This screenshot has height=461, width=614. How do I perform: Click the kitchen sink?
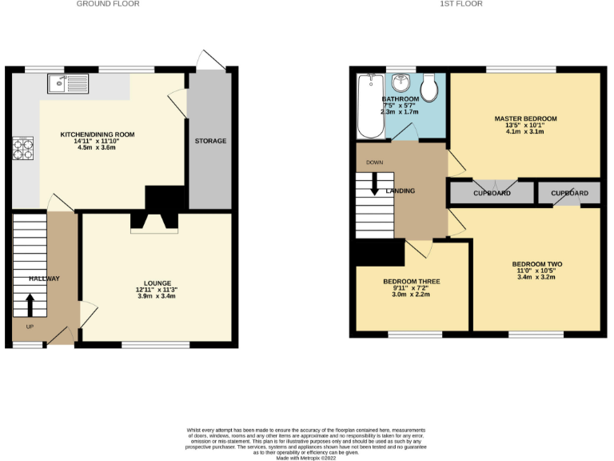tap(70, 80)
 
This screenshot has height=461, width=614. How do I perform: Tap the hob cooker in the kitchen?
tap(22, 148)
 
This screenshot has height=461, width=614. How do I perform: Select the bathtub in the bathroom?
tap(371, 106)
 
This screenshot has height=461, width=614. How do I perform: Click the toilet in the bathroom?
tap(429, 87)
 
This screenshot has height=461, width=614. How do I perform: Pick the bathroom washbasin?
tap(401, 83)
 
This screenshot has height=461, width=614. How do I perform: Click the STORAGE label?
tap(210, 141)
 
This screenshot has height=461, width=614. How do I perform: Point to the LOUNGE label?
tap(157, 283)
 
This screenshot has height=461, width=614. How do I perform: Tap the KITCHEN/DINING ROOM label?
tap(98, 134)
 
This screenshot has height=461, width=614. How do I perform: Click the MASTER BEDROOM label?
tap(525, 118)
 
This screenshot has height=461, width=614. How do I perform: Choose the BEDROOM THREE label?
tap(411, 282)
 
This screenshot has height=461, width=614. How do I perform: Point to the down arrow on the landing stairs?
tap(374, 186)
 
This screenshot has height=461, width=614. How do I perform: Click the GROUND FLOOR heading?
tap(108, 4)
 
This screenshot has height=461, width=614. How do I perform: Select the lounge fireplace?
tap(155, 222)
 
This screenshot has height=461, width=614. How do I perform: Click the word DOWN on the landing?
tap(374, 162)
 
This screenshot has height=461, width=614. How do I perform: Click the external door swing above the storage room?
tap(210, 60)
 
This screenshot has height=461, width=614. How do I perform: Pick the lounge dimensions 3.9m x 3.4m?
tap(157, 296)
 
